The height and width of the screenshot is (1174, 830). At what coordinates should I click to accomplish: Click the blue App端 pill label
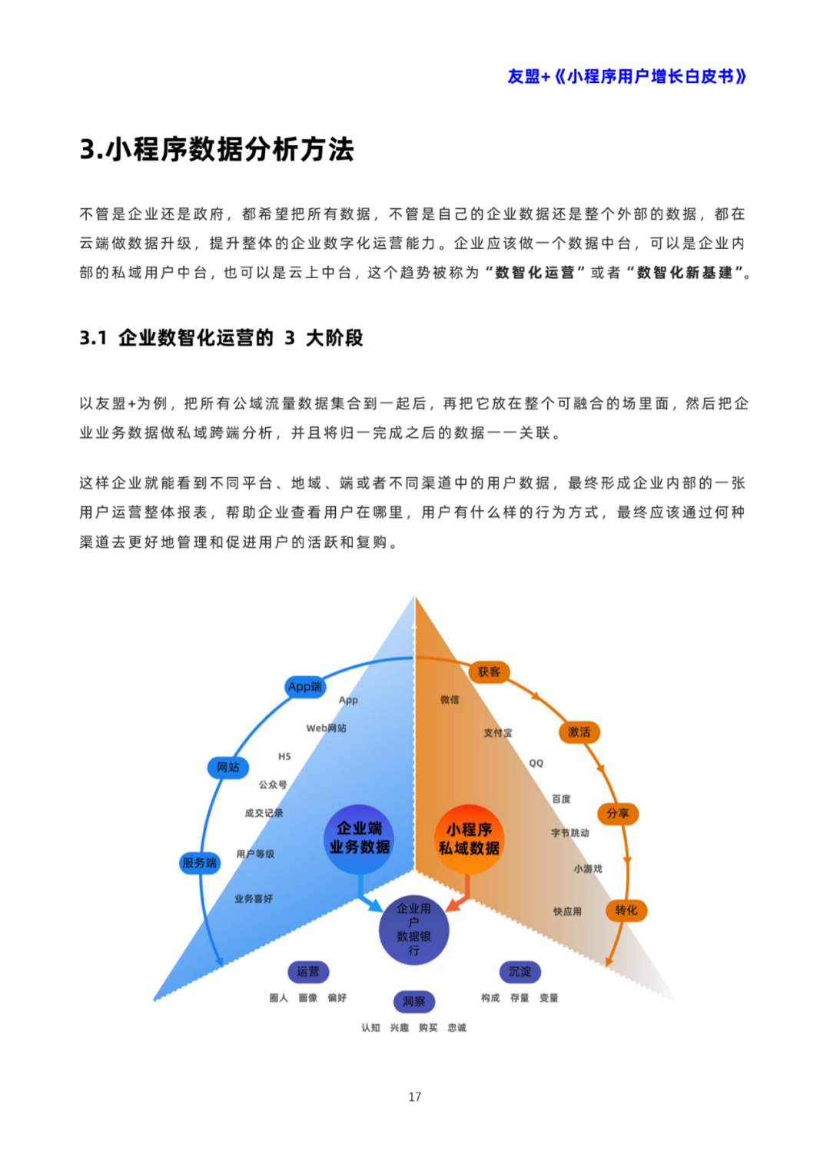pos(304,687)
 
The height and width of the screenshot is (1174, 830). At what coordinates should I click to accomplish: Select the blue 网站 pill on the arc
pos(228,767)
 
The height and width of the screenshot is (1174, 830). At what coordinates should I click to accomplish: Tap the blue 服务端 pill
pos(199,863)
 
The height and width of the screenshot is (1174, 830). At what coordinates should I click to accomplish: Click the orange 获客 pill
pos(489,672)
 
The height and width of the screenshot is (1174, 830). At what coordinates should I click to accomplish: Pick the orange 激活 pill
pos(579,731)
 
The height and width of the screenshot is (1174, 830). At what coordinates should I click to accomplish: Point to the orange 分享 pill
pos(617,813)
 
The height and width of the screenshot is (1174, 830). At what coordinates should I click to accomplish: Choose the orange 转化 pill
pos(626,910)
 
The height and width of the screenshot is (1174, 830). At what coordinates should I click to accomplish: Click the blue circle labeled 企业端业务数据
pos(359,837)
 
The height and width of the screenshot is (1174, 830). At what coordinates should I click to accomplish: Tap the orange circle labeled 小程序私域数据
pos(469,839)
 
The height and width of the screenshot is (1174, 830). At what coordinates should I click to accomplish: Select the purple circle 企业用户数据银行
pos(413,930)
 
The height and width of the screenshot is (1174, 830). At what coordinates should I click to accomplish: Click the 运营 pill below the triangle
pos(308,972)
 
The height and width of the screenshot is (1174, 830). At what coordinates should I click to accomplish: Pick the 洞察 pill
pos(413,1001)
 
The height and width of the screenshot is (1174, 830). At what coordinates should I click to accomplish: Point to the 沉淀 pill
pos(520,972)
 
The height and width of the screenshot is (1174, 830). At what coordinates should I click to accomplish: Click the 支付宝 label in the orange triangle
pos(498,733)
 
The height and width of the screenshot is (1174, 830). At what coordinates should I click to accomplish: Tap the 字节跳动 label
pos(570,833)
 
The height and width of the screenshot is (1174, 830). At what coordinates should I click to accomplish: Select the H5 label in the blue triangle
pos(284,757)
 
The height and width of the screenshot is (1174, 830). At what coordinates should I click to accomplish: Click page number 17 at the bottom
pos(415,1096)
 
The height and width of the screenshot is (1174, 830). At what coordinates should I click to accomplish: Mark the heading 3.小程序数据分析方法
pos(217,149)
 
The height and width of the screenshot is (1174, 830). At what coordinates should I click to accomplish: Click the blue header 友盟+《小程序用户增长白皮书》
pos(626,77)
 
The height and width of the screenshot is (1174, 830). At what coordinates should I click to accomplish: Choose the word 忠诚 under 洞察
pos(457,1027)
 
